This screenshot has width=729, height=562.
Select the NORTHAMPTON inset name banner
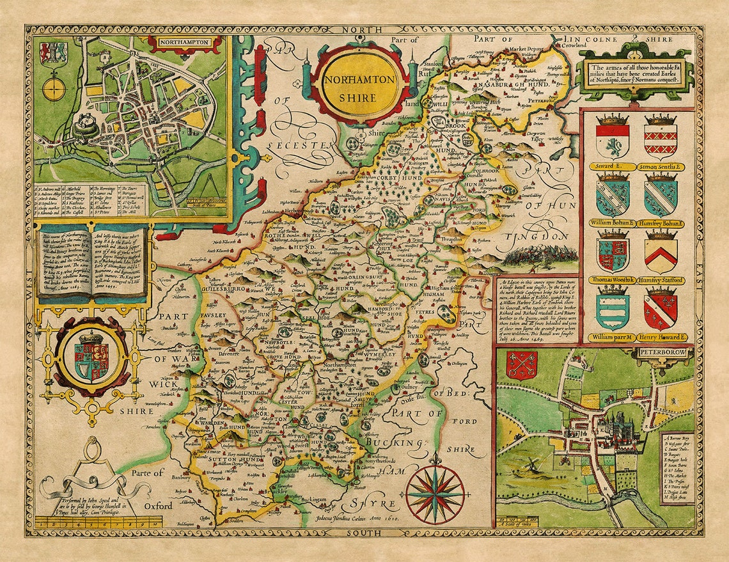click(185, 43)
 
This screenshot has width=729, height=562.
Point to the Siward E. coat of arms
click(612, 138)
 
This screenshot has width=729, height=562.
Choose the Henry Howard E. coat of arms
click(661, 309)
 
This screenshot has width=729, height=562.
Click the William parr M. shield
click(612, 309)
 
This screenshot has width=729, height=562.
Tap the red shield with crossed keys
click(521, 365)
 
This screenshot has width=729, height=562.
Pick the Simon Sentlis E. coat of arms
click(661, 138)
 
